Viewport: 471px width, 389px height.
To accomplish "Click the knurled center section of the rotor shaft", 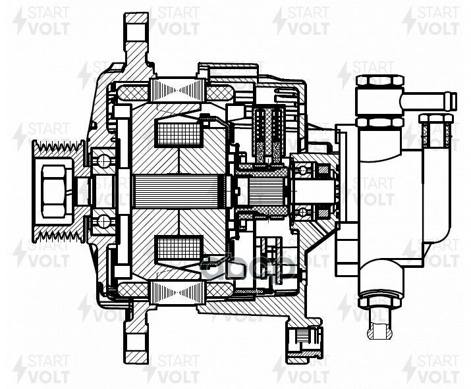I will coord(178,191).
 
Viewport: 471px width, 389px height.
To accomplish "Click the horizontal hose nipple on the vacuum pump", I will coord(429,101).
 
